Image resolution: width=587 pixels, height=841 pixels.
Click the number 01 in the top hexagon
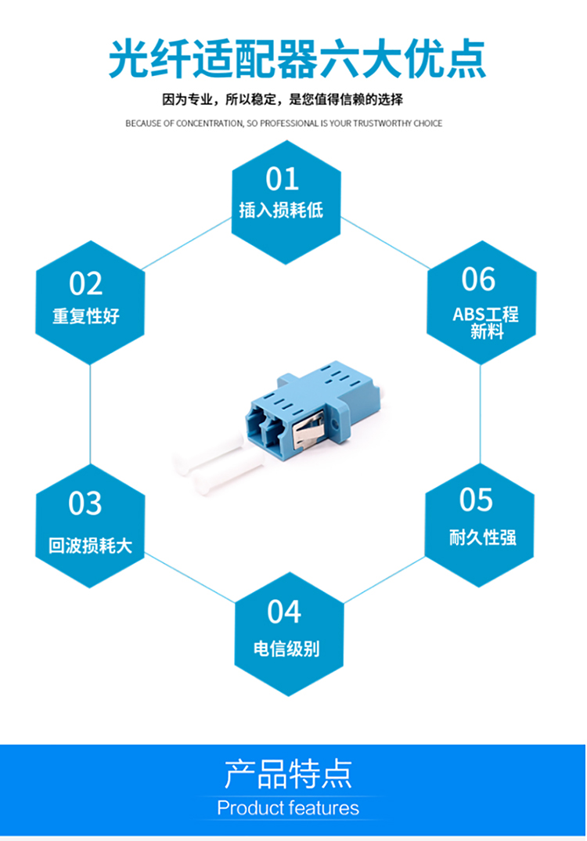coord(283,179)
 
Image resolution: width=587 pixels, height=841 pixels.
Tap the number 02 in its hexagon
coord(86,283)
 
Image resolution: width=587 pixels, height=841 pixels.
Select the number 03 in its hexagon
coord(85,504)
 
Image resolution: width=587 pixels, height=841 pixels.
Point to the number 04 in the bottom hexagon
coord(283,612)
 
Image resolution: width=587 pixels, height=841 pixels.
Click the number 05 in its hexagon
coord(477,499)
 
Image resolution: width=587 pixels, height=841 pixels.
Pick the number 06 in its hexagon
coord(478,279)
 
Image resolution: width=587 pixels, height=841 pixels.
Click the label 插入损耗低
coord(281,210)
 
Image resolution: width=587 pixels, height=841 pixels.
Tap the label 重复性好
coord(86,316)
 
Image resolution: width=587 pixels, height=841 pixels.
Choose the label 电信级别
coord(286,648)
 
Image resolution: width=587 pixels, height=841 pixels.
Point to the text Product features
coord(288,807)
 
